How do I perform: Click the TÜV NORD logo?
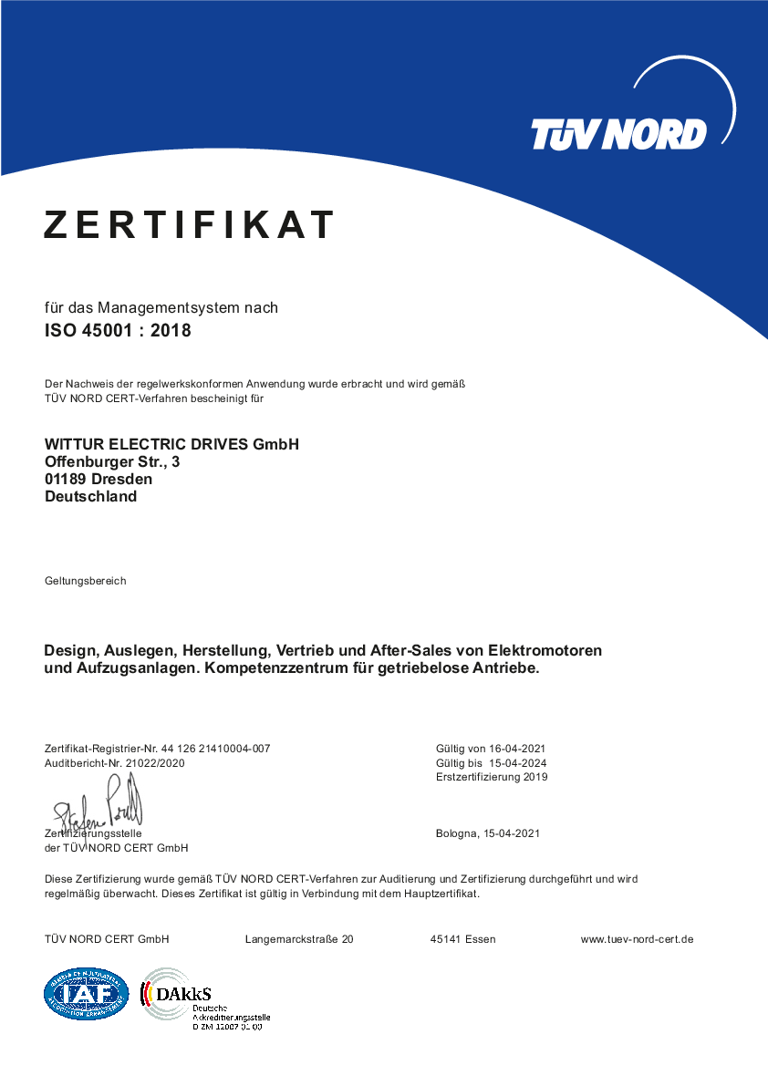click(618, 134)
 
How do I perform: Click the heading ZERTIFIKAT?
click(190, 224)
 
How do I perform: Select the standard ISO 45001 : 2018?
click(118, 331)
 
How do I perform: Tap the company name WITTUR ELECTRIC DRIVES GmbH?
click(171, 444)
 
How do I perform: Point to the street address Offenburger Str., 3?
click(112, 461)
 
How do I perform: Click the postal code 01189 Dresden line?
click(99, 479)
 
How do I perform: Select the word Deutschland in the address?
click(90, 496)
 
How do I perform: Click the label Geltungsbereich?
click(85, 581)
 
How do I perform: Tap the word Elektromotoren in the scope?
click(545, 651)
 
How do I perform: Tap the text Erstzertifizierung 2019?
click(492, 778)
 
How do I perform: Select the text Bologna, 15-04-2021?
click(488, 833)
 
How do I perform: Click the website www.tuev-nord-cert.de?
click(637, 939)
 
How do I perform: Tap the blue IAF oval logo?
click(87, 993)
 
